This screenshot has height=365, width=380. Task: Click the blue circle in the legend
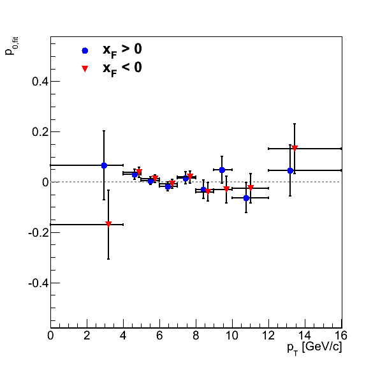[85, 50]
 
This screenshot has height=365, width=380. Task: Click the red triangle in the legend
[85, 69]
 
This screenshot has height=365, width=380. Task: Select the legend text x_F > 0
[122, 51]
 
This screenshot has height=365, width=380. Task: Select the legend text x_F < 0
[122, 69]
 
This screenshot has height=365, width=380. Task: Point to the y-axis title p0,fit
[11, 46]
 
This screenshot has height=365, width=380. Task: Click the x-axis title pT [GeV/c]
[314, 348]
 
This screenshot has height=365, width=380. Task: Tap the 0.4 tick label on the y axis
[40, 82]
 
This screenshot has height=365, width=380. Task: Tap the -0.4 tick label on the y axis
[38, 283]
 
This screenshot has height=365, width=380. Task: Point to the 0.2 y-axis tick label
[40, 132]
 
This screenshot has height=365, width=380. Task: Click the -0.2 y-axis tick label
[38, 233]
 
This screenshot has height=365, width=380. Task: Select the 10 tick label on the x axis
[232, 336]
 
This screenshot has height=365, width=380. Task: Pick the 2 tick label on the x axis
[87, 336]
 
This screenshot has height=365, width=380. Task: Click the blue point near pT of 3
[104, 166]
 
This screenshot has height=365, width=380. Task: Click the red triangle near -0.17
[108, 224]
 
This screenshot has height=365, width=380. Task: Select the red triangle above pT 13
[295, 148]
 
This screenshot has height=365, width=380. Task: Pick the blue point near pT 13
[290, 171]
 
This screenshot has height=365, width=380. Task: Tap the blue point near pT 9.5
[222, 170]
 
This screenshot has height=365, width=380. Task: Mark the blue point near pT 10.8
[246, 198]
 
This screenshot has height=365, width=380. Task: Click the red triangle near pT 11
[251, 188]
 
